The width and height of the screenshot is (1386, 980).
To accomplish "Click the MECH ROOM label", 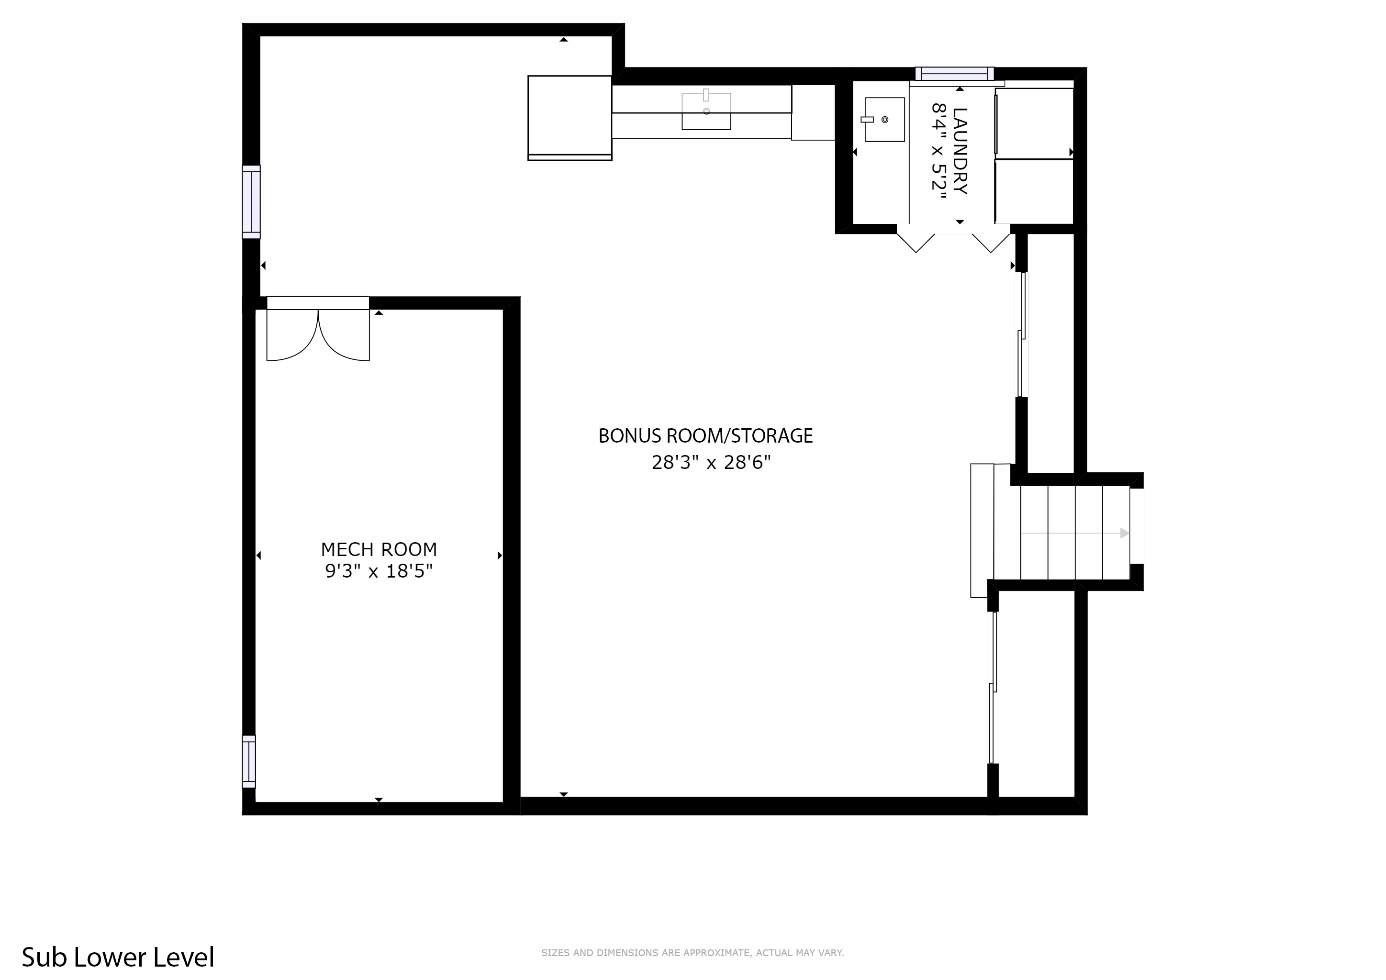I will [379, 549].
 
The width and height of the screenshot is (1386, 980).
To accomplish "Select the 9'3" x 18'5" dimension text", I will [379, 571].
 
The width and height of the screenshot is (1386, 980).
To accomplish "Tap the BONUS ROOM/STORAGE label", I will [705, 436].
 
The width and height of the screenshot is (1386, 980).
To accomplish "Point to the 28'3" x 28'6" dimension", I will [711, 463].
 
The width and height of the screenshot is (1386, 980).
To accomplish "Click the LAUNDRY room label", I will [960, 151].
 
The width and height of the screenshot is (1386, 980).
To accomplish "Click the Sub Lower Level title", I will [118, 957].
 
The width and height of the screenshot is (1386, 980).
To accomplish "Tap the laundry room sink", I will [884, 120].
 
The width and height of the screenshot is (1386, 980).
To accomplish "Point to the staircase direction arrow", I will [1074, 533].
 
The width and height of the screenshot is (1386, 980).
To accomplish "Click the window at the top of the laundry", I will [954, 74].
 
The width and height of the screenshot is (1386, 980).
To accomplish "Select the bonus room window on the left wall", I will [251, 201].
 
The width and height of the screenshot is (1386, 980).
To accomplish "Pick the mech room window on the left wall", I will [249, 761].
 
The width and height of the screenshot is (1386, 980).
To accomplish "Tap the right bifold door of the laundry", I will [991, 240].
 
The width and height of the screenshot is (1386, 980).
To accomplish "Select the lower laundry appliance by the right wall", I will [1034, 191].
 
